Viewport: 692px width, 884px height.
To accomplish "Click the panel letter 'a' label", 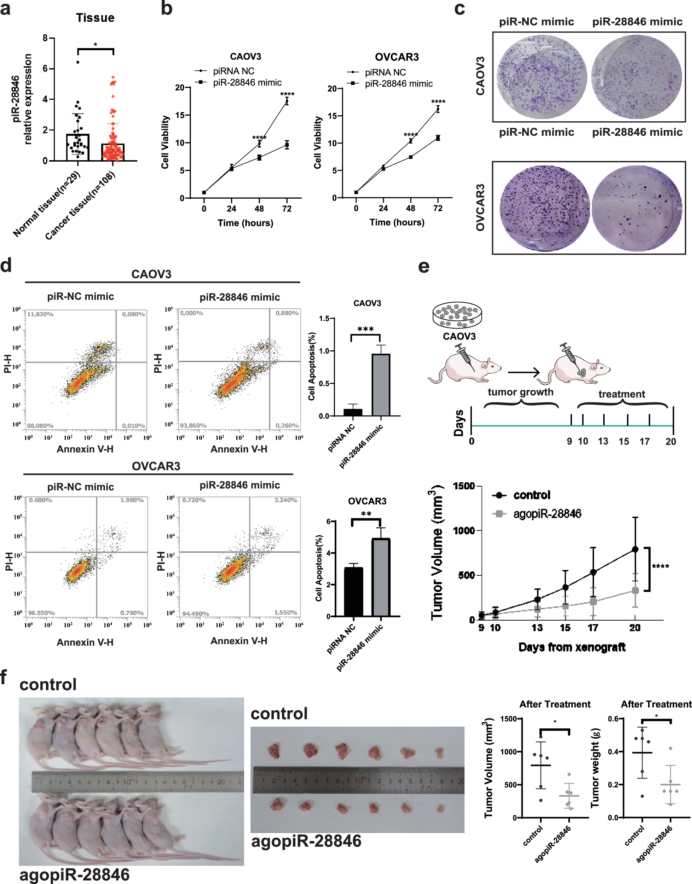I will pos(5,9).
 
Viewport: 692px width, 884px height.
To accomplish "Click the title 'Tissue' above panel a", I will pos(95,18).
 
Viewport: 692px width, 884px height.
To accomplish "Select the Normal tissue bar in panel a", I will pos(78,147).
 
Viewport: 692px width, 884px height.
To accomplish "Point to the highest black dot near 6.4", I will pos(78,62).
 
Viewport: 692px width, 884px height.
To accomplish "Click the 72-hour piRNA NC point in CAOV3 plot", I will pos(287,101).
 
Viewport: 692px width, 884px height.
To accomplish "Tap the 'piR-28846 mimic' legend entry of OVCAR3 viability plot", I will pos(398,84).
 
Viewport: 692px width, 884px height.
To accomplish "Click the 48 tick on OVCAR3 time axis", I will pos(410,208).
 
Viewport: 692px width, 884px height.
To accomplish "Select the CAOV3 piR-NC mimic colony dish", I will pos(541,76).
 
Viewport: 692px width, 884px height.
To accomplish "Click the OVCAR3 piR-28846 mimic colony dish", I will pos(636,208).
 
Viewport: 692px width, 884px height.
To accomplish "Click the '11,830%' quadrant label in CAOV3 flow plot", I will pos(40,314).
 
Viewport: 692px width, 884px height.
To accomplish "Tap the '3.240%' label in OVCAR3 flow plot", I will pos(286,500).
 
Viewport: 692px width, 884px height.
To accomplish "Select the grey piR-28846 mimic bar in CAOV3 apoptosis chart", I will pos(381,385).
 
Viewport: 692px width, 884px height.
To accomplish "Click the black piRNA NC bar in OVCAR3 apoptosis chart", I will pos(353,592).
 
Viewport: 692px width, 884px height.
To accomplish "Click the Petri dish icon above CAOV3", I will pos(457,315).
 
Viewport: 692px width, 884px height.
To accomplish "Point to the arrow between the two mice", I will pos(524,372).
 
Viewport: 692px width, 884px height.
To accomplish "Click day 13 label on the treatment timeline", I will pos(603,441).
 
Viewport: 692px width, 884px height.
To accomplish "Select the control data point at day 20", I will pos(635,549).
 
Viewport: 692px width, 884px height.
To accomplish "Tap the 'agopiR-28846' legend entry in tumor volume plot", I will pos(547,514).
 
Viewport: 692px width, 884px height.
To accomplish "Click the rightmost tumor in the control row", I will pos(439,753).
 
